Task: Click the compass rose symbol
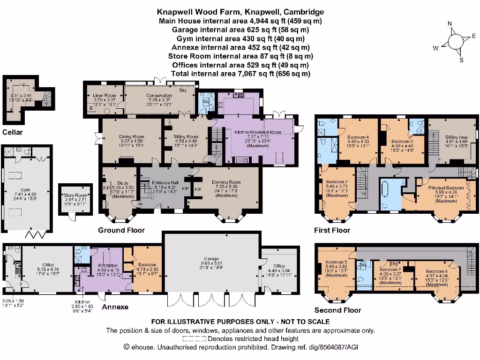click(454, 42)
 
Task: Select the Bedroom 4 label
click(358, 137)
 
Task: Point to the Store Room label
click(75, 195)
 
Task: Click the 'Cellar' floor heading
click(12, 132)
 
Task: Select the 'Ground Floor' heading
click(121, 230)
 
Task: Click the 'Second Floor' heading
click(337, 310)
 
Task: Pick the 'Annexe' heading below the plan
click(115, 307)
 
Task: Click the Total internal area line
click(240, 74)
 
